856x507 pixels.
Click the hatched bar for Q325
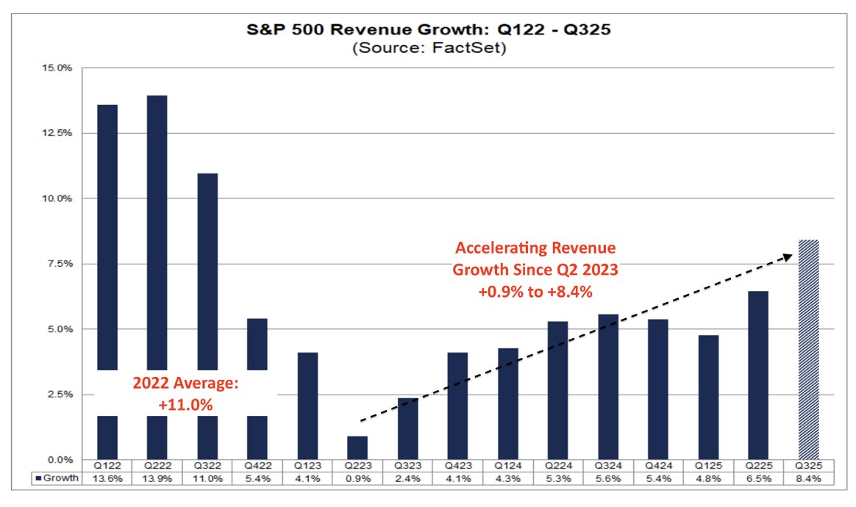(x=808, y=349)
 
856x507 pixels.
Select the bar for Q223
(x=357, y=447)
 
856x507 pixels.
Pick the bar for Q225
(x=758, y=375)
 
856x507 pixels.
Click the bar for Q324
(x=607, y=386)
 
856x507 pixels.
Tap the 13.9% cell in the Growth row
(x=156, y=479)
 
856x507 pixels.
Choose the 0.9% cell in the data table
(x=357, y=479)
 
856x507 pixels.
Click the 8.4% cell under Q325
(x=808, y=479)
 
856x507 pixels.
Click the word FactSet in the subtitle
(x=469, y=49)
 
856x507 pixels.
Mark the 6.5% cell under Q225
(x=758, y=479)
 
